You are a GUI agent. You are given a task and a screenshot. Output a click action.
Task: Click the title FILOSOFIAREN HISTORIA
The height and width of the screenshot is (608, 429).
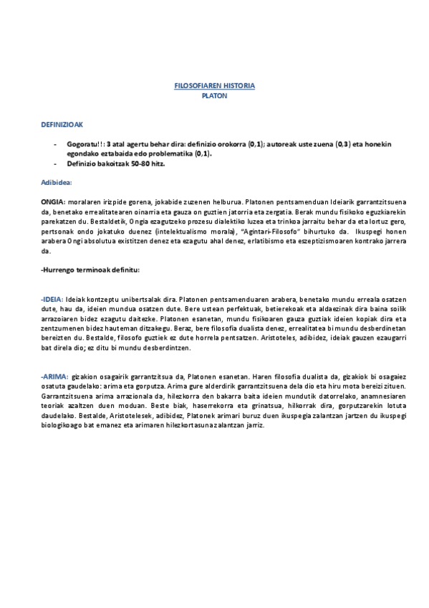tap(215, 85)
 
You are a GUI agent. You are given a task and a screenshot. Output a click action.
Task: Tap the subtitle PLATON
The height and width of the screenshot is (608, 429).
tap(215, 94)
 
